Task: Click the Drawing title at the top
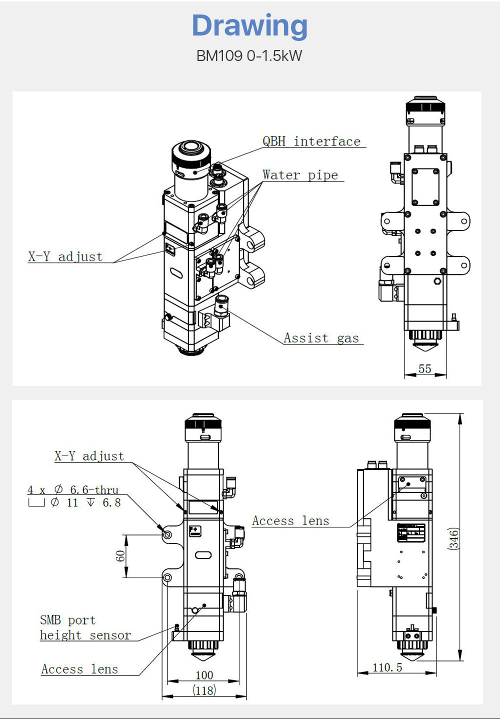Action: point(249,25)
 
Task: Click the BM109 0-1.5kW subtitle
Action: point(249,55)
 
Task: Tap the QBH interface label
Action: point(311,141)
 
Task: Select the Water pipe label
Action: point(300,175)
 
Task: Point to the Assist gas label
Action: point(321,338)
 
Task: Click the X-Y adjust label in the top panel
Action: point(65,257)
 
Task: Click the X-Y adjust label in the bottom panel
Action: point(89,456)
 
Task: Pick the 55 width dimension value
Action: point(424,369)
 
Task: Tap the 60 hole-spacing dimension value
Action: point(120,556)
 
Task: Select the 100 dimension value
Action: point(204,675)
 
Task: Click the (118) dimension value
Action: point(204,690)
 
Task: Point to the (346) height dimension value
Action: point(453,538)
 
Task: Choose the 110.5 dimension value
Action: point(387,667)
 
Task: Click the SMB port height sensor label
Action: point(85,627)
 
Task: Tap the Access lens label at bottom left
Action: point(79,669)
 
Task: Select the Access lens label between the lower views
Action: point(290,521)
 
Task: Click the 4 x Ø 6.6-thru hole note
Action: point(73,490)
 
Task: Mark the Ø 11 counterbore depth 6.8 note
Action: point(75,502)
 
